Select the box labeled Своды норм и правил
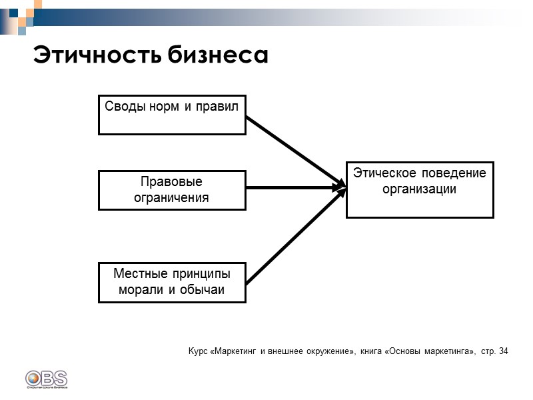172,115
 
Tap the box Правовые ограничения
172,190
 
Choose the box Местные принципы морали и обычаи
172,282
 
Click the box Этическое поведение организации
420,189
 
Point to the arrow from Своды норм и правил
293,151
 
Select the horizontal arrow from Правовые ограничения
293,188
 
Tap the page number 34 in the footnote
502,351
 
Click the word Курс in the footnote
198,351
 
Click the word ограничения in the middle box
172,198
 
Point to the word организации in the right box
420,189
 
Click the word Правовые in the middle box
172,182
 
